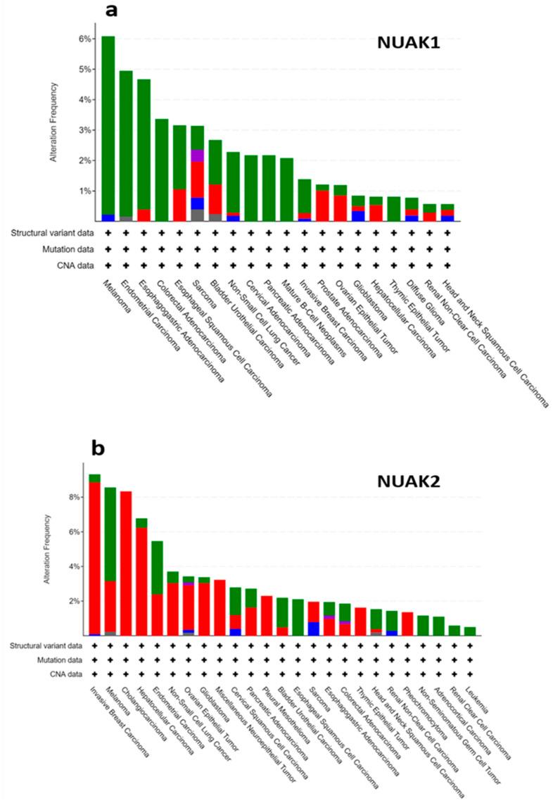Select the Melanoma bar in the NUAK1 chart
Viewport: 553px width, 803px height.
(108, 127)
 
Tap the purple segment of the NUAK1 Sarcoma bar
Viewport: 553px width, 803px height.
(198, 156)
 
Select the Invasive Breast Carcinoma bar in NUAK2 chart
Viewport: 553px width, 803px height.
(94, 556)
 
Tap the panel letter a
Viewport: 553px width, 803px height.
(110, 11)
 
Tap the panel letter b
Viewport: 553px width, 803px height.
(96, 448)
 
